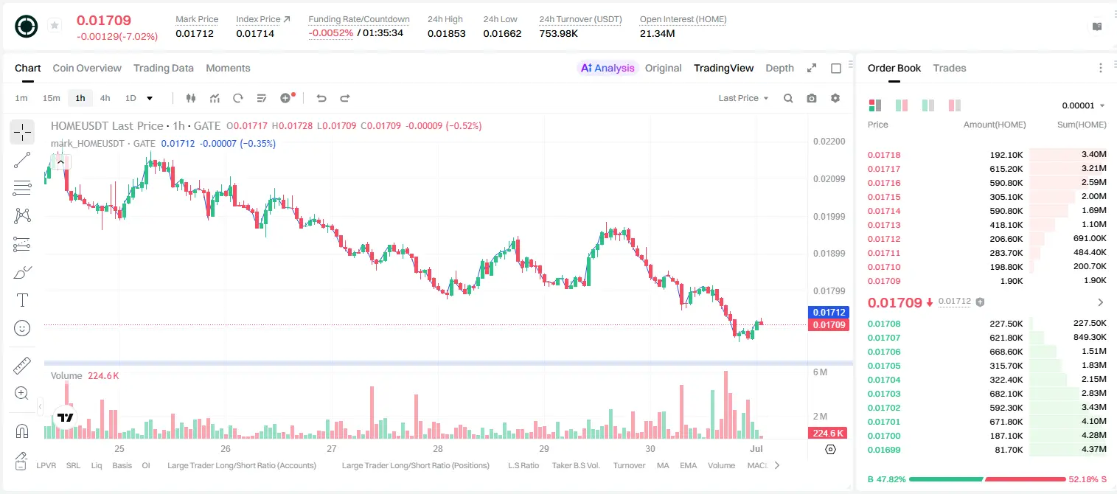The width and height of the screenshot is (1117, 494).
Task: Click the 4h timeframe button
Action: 105,98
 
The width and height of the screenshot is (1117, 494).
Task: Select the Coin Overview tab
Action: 87,68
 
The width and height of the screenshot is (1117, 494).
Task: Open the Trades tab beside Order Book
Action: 950,68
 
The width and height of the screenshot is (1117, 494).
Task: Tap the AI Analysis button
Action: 608,68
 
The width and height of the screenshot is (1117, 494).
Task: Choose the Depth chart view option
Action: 779,68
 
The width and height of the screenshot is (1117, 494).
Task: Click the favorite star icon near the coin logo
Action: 55,25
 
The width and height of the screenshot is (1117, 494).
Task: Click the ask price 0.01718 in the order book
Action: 883,155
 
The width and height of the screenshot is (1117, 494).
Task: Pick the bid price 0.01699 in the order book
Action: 883,450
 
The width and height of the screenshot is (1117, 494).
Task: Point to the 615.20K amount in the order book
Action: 1006,169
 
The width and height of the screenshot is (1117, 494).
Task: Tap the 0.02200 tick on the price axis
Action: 829,142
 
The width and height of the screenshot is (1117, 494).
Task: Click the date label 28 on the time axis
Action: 437,448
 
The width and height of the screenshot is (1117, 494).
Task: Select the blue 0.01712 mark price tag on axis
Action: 828,312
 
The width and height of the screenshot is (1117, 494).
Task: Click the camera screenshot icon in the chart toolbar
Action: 811,98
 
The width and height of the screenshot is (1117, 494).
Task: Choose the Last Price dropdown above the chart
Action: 743,98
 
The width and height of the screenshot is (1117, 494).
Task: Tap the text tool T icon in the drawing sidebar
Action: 22,300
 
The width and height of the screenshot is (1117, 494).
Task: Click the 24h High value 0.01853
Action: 446,33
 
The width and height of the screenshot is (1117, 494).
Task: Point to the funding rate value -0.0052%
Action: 330,33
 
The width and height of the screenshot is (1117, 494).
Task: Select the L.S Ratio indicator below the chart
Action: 523,465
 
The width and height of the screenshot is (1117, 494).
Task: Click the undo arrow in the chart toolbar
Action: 321,98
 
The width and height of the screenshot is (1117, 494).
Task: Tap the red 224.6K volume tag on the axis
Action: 828,434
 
